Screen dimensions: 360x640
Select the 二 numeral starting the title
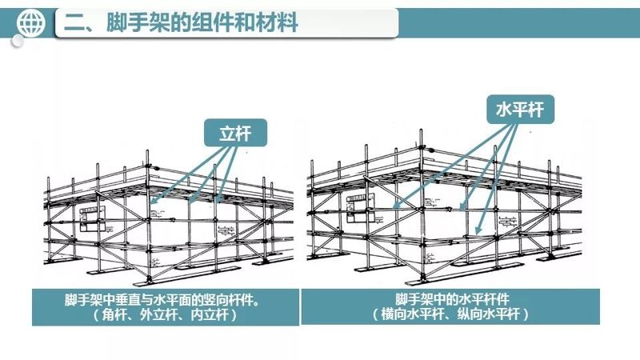(74, 24)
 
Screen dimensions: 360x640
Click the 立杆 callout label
(235, 133)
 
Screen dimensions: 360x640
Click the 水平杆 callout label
(515, 109)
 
